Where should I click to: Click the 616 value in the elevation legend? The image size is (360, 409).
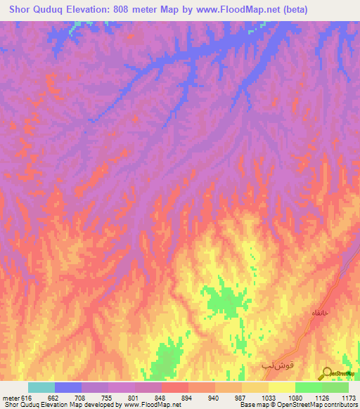tap(27, 398)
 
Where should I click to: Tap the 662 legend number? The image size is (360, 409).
tap(54, 398)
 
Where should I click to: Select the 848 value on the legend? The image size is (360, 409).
tap(162, 398)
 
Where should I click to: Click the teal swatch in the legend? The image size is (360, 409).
tap(41, 387)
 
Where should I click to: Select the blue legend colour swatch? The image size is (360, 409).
tap(67, 387)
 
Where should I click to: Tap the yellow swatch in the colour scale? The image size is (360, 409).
tap(282, 387)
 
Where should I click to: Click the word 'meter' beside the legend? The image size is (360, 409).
tap(11, 398)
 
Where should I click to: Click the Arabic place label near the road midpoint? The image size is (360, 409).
tap(319, 313)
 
